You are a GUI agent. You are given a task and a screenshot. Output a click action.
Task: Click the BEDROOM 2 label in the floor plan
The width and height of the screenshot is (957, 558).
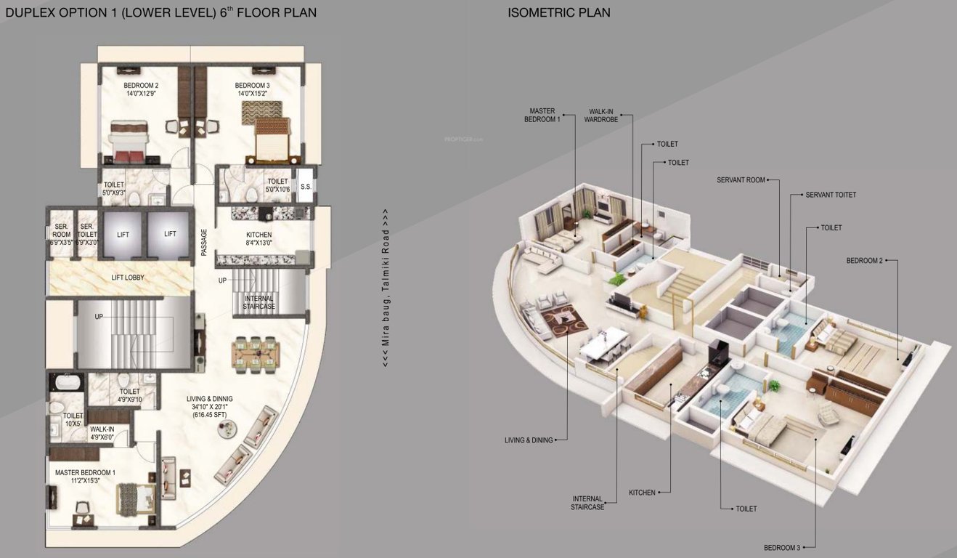(x=141, y=85)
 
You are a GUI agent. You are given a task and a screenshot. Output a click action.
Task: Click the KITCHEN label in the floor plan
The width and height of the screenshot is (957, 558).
(x=258, y=235)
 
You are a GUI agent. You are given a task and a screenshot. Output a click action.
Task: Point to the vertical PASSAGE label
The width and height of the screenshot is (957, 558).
(x=205, y=242)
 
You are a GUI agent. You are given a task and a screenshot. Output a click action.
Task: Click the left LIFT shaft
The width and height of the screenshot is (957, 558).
(x=123, y=234)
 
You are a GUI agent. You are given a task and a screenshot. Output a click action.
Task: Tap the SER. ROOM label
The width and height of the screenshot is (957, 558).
(x=62, y=230)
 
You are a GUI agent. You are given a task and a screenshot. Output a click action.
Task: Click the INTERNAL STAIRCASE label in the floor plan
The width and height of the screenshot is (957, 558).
(x=259, y=302)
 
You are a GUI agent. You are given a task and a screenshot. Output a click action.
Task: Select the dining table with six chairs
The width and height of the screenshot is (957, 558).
(x=256, y=353)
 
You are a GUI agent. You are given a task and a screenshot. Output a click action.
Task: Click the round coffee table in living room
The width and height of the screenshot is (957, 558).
(x=226, y=429)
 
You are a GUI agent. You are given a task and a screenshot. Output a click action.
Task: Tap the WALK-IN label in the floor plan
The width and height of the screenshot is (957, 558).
(x=102, y=429)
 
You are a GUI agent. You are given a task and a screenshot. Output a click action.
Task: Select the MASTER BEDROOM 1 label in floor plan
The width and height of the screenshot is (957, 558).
(x=85, y=473)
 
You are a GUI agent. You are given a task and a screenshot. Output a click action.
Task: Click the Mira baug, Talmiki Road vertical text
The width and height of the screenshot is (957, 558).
(x=386, y=288)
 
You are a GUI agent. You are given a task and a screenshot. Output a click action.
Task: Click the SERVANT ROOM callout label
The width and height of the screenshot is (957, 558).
(x=741, y=179)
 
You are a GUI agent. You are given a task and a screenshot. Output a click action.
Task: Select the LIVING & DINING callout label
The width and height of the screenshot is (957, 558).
(x=529, y=440)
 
